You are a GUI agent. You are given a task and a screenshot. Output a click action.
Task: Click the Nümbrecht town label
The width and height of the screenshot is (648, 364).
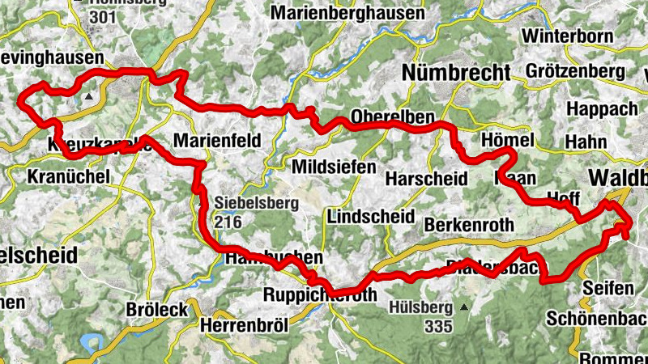point(457,72)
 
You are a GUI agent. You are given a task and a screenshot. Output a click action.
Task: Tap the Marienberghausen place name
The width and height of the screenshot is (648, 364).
point(347,13)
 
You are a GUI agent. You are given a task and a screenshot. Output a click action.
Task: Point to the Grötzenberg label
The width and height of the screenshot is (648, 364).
point(574,71)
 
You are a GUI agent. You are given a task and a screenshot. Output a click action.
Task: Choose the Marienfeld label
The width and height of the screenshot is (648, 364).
point(218,141)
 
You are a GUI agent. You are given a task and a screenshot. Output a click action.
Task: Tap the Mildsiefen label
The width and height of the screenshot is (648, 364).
point(333,167)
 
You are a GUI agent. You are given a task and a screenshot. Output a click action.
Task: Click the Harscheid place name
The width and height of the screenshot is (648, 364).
point(426,178)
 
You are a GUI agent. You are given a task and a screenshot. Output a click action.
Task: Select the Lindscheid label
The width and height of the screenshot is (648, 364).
point(366,216)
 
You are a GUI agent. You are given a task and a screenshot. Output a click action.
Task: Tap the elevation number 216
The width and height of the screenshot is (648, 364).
point(228,220)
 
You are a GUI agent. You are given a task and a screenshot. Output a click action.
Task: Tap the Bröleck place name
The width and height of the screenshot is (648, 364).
point(157,309)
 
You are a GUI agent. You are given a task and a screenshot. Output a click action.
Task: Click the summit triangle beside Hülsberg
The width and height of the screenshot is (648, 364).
point(463,307)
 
